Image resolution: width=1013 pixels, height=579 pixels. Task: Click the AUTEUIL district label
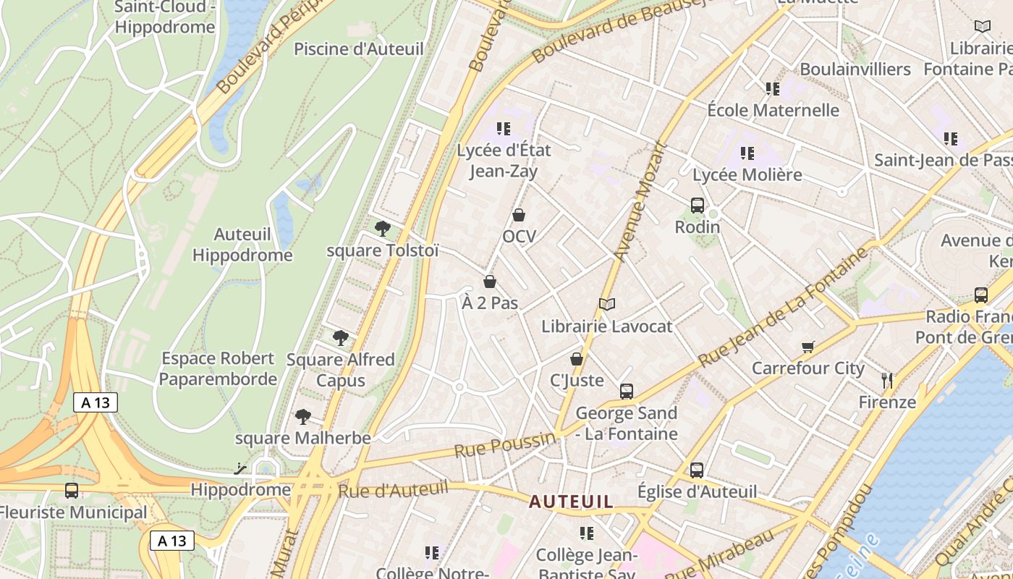tap(571, 501)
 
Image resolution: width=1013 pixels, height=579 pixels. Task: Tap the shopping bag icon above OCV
tap(519, 215)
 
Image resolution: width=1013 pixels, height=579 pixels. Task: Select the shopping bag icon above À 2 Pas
tap(490, 282)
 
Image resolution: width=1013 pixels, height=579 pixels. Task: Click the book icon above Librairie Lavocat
tap(607, 305)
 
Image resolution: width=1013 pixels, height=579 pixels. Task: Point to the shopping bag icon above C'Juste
tap(577, 359)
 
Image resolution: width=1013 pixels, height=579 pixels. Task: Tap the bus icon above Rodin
tap(698, 206)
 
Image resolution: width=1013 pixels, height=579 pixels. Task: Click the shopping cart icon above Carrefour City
tap(808, 347)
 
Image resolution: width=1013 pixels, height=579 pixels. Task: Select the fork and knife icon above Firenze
tap(887, 380)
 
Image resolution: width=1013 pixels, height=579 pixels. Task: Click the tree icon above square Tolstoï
tap(383, 229)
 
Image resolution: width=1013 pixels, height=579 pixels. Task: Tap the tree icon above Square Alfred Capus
tap(341, 338)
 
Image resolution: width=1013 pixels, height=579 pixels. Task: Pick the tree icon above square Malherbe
tap(303, 417)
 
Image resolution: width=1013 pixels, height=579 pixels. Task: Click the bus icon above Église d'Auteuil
tap(697, 470)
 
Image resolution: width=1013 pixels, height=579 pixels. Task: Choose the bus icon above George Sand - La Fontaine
tap(627, 392)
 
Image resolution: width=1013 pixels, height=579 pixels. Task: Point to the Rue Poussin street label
tap(504, 444)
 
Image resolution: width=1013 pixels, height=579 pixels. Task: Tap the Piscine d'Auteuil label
tap(358, 49)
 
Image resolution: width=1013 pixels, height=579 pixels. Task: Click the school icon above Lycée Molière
tap(747, 153)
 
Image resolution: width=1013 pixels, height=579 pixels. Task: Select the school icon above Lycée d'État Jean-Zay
tap(504, 129)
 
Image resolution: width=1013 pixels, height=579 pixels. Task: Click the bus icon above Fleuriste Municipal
tap(72, 491)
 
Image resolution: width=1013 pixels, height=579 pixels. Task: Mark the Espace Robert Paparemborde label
tap(218, 368)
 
